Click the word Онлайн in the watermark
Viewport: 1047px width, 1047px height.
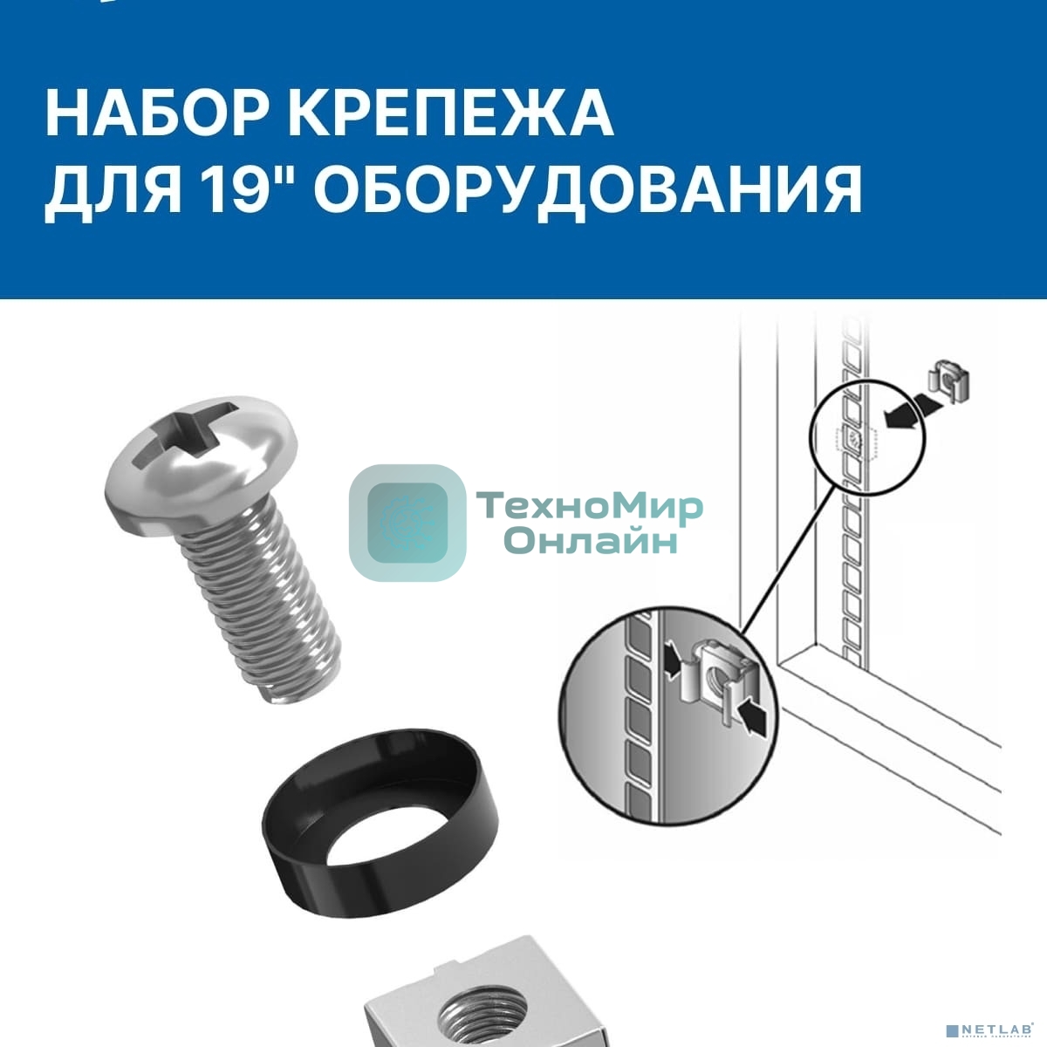tap(591, 542)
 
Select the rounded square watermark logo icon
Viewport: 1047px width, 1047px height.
tap(407, 522)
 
